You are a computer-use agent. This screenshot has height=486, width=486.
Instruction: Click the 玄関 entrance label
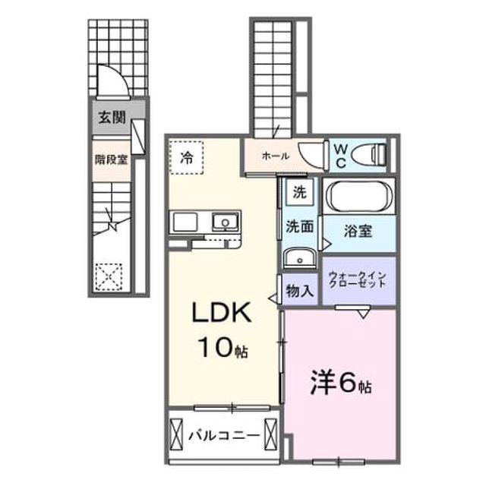coord(112,118)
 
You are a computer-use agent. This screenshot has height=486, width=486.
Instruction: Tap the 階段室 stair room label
coord(112,160)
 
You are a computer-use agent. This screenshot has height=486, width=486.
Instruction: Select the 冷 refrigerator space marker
coord(187,158)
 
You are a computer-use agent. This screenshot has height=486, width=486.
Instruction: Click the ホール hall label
coord(276,156)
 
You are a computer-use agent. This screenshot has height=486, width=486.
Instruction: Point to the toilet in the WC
coord(370,154)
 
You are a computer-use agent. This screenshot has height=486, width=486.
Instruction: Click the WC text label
coord(341,156)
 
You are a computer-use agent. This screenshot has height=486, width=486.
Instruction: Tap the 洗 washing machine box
coord(299,193)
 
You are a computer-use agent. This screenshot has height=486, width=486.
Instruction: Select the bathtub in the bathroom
coord(359,197)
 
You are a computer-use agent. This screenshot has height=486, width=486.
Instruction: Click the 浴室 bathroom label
coord(358,231)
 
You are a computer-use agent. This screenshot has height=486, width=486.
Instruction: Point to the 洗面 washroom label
coord(299,226)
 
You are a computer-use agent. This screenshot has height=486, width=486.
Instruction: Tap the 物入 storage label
coord(299,291)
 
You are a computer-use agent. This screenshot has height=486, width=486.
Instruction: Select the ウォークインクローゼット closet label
coord(358,279)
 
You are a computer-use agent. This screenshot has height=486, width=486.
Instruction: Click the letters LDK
coord(222,312)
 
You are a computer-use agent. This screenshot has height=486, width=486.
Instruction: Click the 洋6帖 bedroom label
coord(341,382)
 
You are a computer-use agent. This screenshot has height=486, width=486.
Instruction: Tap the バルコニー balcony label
coord(225,436)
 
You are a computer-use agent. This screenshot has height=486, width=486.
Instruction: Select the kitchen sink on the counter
coord(226,222)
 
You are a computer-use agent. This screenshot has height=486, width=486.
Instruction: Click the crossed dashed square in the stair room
coord(109,276)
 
